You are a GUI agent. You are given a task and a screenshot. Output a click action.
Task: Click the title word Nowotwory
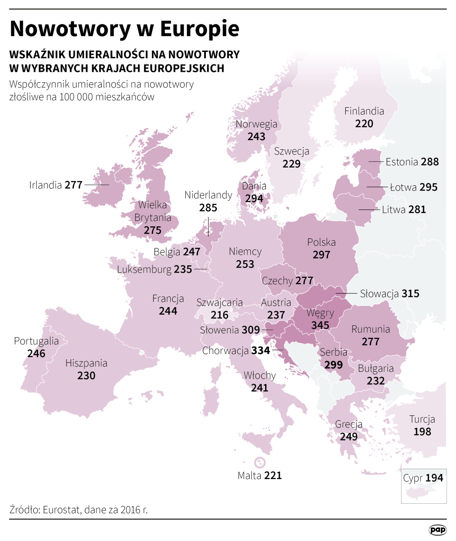pos(70,29)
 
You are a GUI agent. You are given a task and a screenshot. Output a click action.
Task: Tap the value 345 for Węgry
pos(320,325)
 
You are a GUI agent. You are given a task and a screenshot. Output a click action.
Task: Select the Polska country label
pos(321,242)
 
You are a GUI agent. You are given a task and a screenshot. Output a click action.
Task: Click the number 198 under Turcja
pos(422,432)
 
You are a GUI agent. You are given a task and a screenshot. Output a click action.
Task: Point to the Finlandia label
pos(364,111)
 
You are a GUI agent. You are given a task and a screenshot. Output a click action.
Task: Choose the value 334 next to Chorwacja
pos(260,351)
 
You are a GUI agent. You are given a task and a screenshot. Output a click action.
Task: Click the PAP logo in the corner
pos(437,530)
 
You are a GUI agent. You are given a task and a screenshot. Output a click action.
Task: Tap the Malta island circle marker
pos(260,463)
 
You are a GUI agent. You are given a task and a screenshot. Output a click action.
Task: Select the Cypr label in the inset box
pos(413,478)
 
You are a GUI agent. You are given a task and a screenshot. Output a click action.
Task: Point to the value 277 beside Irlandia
pos(74,185)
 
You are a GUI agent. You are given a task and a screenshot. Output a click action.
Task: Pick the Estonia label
pos(401,162)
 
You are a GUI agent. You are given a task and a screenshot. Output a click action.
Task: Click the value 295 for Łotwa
pos(428,187)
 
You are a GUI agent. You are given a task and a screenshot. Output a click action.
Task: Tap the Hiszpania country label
pos(86,363)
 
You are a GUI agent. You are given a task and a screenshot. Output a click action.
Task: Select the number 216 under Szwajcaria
pos(219,315)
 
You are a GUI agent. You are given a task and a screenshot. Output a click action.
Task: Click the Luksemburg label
pos(144,270)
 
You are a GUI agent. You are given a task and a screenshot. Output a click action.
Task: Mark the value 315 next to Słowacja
pos(410,293)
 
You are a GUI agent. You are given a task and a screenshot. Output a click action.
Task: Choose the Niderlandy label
pos(208,195)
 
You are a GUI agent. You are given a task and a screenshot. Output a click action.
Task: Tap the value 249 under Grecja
pos(349,436)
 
